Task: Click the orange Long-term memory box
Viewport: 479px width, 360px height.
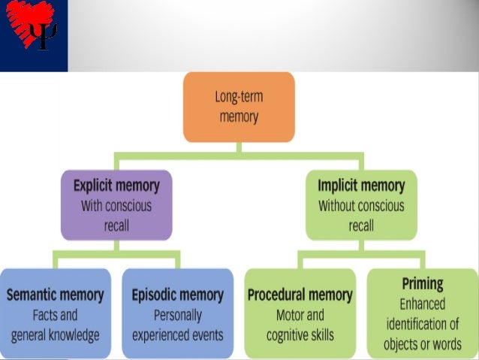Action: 239,107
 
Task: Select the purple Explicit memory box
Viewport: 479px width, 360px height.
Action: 116,204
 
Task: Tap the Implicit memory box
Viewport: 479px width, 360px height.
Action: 361,204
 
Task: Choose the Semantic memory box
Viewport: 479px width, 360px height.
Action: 55,314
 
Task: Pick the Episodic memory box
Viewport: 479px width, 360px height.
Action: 177,314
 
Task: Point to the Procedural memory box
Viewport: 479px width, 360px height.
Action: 300,314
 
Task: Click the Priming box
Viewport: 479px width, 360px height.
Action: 422,314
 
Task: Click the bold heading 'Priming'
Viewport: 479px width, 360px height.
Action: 422,284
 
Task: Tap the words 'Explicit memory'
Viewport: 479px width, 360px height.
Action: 116,185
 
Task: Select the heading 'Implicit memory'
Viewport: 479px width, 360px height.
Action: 361,185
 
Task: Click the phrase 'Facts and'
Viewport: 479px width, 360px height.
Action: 55,316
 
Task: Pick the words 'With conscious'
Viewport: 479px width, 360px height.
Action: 116,205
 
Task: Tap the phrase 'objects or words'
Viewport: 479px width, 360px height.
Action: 422,345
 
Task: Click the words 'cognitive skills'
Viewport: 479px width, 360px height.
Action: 300,335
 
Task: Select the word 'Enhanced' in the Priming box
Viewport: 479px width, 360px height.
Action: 422,304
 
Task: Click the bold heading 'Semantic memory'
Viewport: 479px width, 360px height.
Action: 55,295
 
